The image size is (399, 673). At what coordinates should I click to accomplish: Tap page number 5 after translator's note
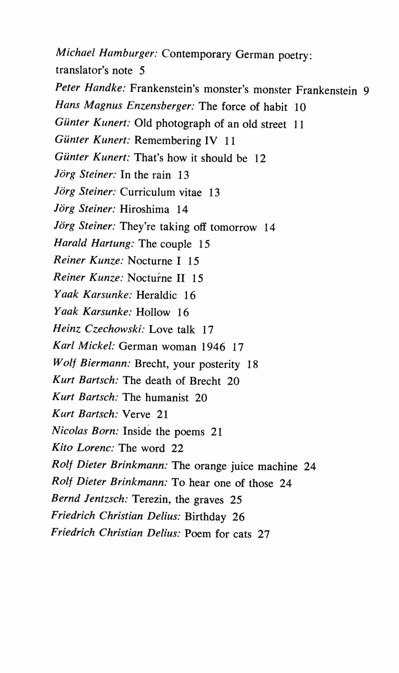(142, 71)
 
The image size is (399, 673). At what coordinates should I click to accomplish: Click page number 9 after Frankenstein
(366, 91)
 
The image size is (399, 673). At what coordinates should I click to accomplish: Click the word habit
(275, 107)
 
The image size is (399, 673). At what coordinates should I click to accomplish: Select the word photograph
(183, 124)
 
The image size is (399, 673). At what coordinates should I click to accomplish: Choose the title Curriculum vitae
(161, 192)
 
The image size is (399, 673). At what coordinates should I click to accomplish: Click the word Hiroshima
(144, 209)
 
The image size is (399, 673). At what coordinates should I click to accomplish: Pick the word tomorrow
(233, 227)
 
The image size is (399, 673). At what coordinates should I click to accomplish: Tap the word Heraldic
(156, 295)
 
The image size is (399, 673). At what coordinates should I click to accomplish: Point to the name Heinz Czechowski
(99, 329)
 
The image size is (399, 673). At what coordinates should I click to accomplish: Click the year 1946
(213, 347)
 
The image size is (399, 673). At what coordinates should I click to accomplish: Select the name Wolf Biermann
(91, 364)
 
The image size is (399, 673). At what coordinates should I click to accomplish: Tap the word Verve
(136, 414)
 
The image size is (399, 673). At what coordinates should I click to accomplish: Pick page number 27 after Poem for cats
(263, 534)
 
